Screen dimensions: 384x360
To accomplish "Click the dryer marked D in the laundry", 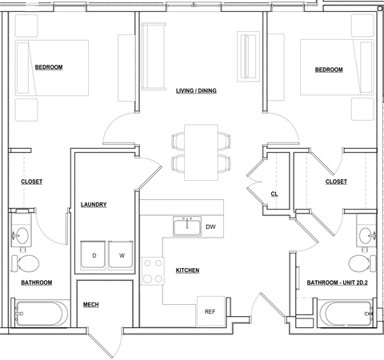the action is tap(93, 255).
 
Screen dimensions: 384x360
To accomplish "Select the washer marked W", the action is tap(121, 255).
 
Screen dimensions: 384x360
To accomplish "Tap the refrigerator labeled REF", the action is tap(210, 311).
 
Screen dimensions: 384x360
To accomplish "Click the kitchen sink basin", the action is tap(187, 226).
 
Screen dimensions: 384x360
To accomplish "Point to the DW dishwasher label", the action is tap(210, 227).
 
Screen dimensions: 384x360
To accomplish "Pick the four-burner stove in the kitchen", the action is tap(153, 271).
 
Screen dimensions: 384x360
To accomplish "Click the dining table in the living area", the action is tap(201, 152).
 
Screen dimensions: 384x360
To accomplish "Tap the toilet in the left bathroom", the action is tap(25, 263).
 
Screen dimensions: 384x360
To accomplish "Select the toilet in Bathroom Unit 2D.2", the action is tap(362, 263).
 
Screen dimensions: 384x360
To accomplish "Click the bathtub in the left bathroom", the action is tap(39, 314).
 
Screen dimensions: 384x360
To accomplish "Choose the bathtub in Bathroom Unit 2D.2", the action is tap(346, 314).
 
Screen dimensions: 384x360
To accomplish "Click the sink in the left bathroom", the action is tap(22, 235).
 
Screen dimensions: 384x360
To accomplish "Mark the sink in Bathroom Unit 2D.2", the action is tap(367, 235).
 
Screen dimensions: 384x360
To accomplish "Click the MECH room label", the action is tap(91, 305).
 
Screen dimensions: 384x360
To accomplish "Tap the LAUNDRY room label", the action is tap(94, 205).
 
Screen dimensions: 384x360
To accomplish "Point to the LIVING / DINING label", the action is tap(196, 90).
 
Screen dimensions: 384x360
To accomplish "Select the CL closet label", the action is tap(274, 194).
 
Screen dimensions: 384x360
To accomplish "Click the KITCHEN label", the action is tap(187, 270).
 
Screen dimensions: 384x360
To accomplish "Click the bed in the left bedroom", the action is tap(52, 68).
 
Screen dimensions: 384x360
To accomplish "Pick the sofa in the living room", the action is tap(154, 56).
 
